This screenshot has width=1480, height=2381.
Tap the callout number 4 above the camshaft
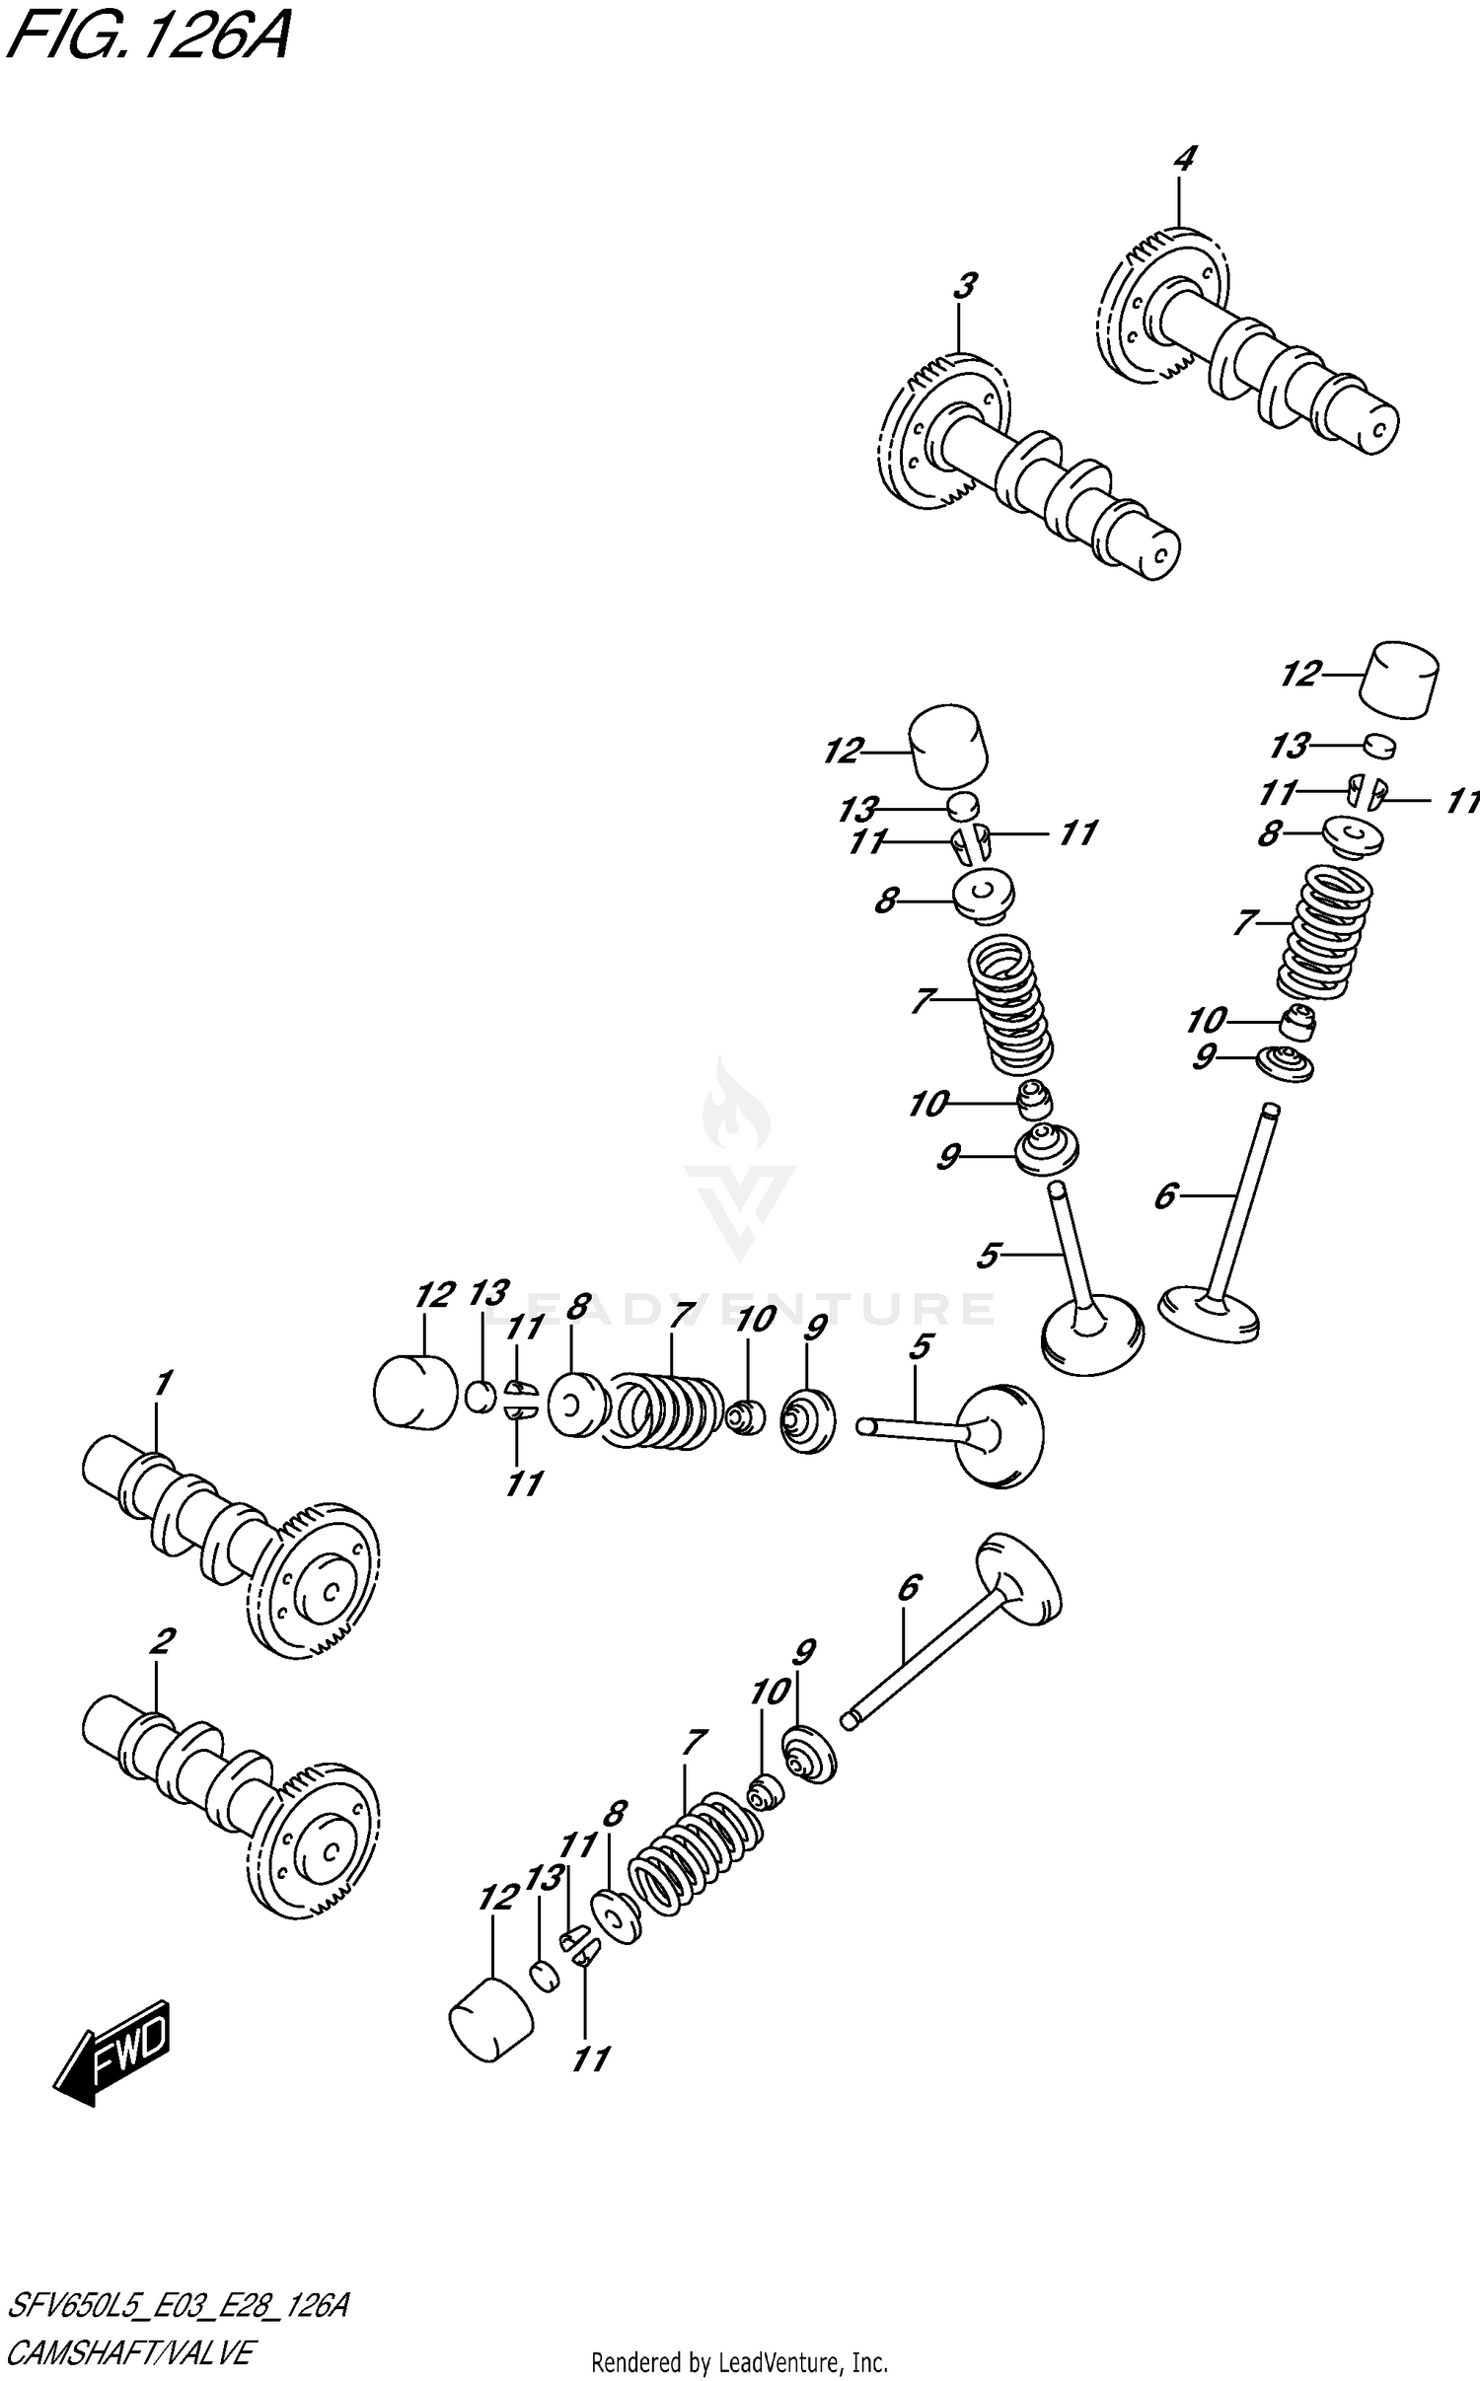tap(1184, 158)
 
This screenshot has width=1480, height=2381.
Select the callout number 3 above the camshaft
tap(964, 286)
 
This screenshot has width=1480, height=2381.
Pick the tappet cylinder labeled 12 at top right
tap(1399, 679)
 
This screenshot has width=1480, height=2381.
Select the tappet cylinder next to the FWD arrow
tap(490, 2018)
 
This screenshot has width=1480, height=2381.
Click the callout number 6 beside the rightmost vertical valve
tap(1165, 1196)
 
